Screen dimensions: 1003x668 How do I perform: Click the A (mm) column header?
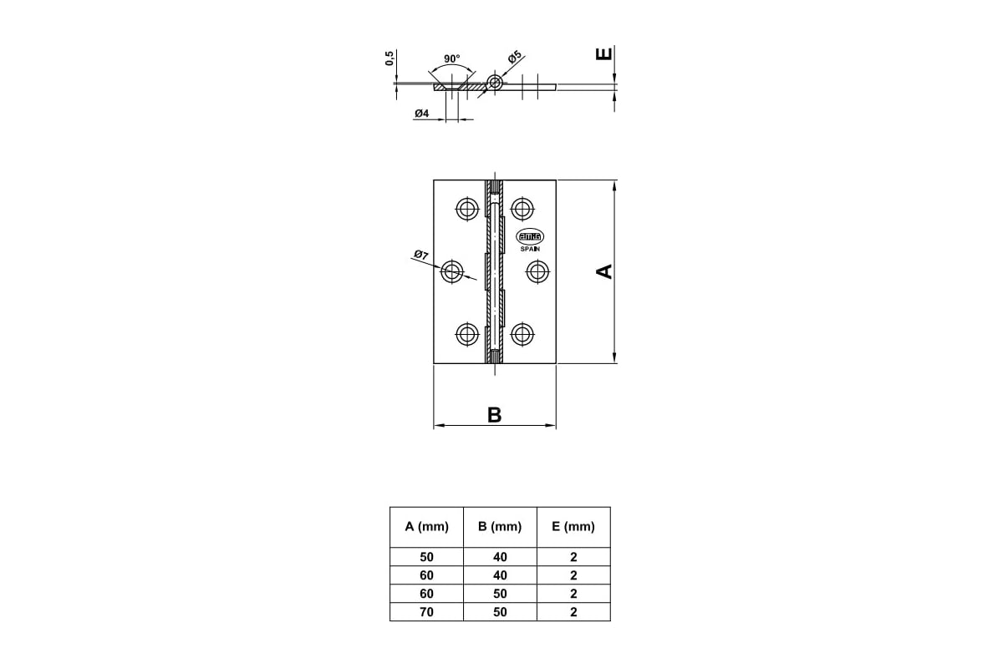pyautogui.click(x=426, y=527)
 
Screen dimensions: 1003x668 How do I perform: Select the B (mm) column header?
pyautogui.click(x=500, y=527)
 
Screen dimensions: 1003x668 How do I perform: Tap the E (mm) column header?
pyautogui.click(x=573, y=527)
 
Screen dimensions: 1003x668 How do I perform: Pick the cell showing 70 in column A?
pyautogui.click(x=426, y=611)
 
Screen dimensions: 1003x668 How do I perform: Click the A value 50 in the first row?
pyautogui.click(x=426, y=557)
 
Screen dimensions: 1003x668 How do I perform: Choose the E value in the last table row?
pyautogui.click(x=573, y=611)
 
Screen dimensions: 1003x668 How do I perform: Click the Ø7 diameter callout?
pyautogui.click(x=421, y=255)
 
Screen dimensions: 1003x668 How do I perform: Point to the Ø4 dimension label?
pyautogui.click(x=421, y=114)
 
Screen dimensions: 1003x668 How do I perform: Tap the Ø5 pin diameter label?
pyautogui.click(x=515, y=57)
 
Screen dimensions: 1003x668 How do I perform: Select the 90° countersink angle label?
pyautogui.click(x=452, y=58)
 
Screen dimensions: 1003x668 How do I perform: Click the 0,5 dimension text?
pyautogui.click(x=389, y=58)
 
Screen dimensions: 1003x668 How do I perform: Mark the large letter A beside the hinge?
pyautogui.click(x=604, y=271)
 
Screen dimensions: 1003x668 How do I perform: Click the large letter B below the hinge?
pyautogui.click(x=494, y=415)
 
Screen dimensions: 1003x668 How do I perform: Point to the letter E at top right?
pyautogui.click(x=603, y=54)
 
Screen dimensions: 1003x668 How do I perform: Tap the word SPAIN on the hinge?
pyautogui.click(x=530, y=249)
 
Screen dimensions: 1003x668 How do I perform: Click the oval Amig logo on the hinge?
pyautogui.click(x=530, y=236)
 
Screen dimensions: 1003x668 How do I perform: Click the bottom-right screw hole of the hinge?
pyautogui.click(x=522, y=334)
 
